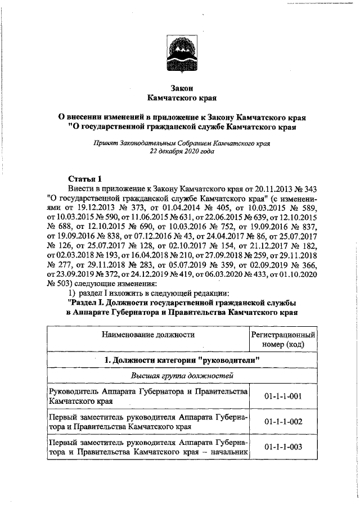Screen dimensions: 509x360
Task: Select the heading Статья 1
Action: click(84, 179)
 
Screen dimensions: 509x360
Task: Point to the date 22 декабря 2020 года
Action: click(182, 152)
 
